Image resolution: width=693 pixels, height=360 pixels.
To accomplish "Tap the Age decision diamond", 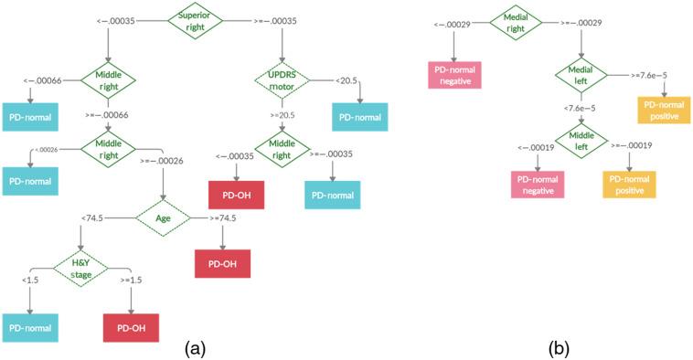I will (163, 218).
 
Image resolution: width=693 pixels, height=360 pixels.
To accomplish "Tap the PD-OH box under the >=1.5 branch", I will (130, 327).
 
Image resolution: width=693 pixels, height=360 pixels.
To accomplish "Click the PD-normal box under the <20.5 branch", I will (359, 117).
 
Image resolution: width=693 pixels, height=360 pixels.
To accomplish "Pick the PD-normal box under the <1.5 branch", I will (29, 327).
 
